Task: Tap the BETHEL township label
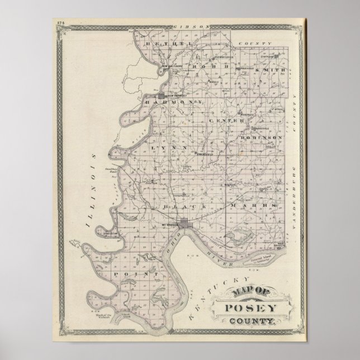160,43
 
